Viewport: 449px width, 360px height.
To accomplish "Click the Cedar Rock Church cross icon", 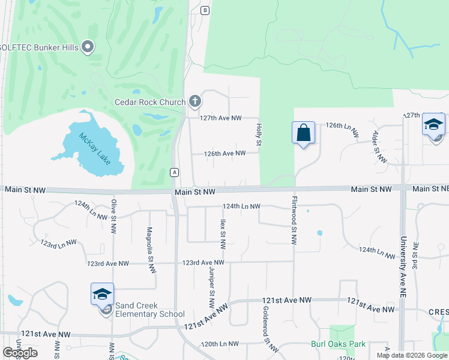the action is point(195,101).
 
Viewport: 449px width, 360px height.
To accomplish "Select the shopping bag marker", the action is point(304,133).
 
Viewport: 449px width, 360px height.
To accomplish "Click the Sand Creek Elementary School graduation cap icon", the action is point(102,294).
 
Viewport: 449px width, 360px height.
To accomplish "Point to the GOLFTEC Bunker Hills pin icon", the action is point(88,47).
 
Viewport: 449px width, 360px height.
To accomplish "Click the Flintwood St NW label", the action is point(294,220).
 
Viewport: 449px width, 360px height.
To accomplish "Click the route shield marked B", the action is point(205,10).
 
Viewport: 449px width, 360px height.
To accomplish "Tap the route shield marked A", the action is point(175,172).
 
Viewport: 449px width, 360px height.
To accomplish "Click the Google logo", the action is point(20,352).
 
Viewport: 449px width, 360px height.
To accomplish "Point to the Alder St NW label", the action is point(379,147).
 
